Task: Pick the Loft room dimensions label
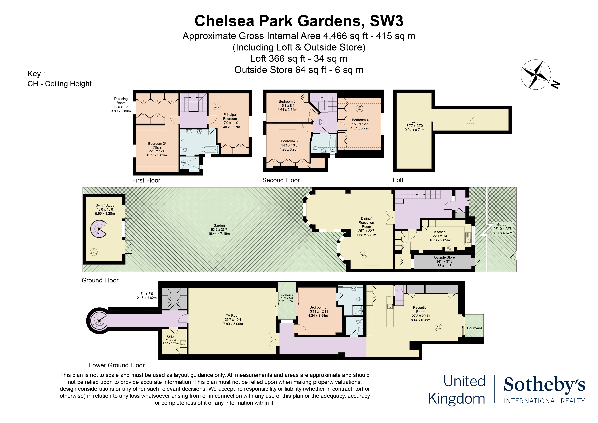coord(414,126)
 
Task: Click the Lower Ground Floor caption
coord(117,365)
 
